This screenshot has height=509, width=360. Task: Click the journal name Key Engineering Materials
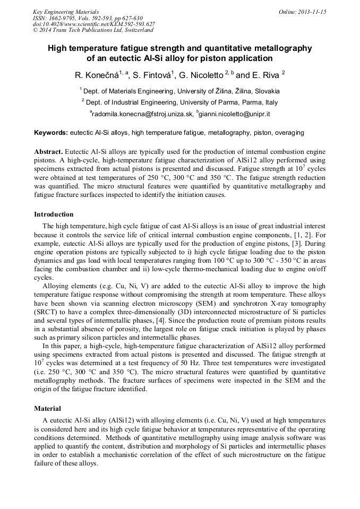(x=65, y=12)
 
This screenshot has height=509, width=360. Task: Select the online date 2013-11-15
(x=310, y=12)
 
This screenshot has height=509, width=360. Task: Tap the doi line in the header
(x=93, y=24)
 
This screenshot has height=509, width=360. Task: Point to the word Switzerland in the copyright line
(x=134, y=30)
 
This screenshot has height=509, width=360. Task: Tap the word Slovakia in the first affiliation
(x=264, y=91)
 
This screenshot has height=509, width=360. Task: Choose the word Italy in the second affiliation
(x=270, y=102)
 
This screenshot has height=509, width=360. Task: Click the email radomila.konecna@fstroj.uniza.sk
(x=142, y=114)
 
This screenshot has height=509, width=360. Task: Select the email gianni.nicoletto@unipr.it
(x=235, y=114)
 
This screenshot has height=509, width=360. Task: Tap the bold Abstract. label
(x=48, y=151)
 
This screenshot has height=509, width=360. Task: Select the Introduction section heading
(x=54, y=214)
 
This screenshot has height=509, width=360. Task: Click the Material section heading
(x=48, y=409)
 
